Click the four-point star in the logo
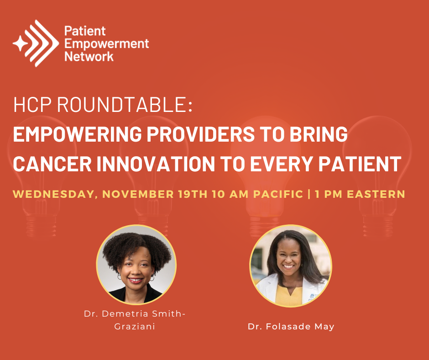pyautogui.click(x=20, y=43)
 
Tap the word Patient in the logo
pyautogui.click(x=85, y=31)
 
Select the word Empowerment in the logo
pyautogui.click(x=106, y=44)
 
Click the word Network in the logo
pyautogui.click(x=89, y=57)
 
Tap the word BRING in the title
pyautogui.click(x=319, y=134)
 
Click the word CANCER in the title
pyautogui.click(x=52, y=164)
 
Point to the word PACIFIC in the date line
pyautogui.click(x=278, y=194)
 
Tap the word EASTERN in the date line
pyautogui.click(x=376, y=194)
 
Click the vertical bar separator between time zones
pyautogui.click(x=309, y=194)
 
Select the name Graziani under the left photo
pyautogui.click(x=135, y=326)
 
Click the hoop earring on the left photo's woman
pyautogui.click(x=120, y=277)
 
